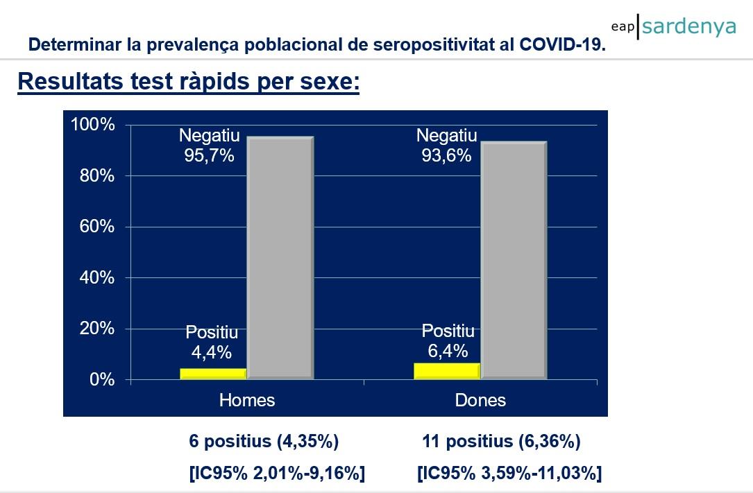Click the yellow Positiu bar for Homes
(x=213, y=373)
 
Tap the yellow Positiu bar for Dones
(x=446, y=371)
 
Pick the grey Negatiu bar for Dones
(x=514, y=260)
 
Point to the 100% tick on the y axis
(x=92, y=125)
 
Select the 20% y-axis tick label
(x=96, y=329)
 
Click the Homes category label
(x=247, y=400)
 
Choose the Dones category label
(x=480, y=400)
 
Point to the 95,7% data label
(x=209, y=155)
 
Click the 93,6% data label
(x=446, y=155)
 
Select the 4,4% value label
(x=212, y=352)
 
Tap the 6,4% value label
(x=448, y=351)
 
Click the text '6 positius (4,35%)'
(x=264, y=442)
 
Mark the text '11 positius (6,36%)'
(x=501, y=442)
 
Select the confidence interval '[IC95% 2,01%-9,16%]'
(x=277, y=474)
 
